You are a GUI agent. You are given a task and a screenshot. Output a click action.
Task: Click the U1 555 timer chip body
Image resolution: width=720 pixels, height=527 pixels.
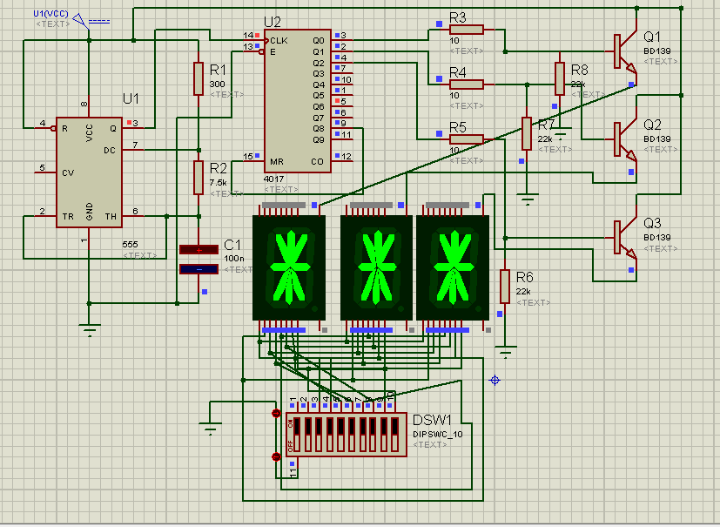89,172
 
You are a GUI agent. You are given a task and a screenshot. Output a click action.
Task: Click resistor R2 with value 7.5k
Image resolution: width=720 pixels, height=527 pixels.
199,178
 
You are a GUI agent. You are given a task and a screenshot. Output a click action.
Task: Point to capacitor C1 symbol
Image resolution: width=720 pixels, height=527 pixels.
199,260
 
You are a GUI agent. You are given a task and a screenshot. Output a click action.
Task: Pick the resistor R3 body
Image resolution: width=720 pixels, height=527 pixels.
467,30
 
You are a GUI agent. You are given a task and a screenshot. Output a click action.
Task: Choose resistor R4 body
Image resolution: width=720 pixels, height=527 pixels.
467,84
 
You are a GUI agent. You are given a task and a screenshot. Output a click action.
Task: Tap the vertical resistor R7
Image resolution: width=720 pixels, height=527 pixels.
525,133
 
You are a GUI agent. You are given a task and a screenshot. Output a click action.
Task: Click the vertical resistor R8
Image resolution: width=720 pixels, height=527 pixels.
560,78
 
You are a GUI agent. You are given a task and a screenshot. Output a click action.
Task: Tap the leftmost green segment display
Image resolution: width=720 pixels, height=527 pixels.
288,267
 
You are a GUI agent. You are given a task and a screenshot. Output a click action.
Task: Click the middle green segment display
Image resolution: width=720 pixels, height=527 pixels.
375,267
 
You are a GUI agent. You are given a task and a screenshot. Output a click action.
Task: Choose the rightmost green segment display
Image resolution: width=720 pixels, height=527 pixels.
452,267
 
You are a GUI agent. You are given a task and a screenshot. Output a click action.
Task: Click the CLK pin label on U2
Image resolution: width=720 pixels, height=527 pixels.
279,40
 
